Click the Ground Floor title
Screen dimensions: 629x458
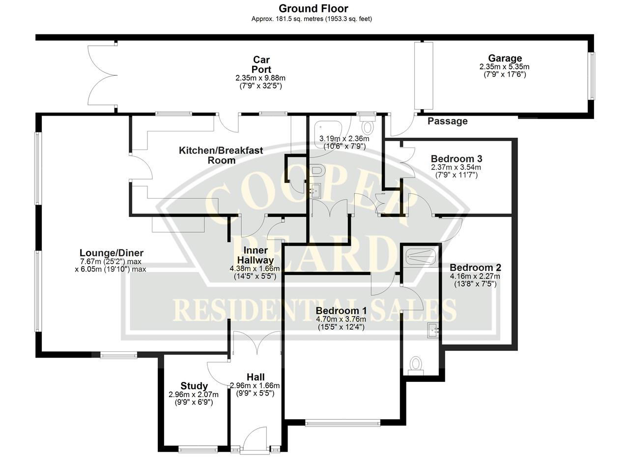pyautogui.click(x=313, y=9)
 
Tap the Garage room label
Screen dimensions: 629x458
pyautogui.click(x=505, y=58)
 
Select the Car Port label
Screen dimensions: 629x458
pyautogui.click(x=261, y=64)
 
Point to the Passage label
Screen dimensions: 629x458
pyautogui.click(x=448, y=121)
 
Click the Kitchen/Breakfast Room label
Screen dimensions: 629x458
pyautogui.click(x=221, y=155)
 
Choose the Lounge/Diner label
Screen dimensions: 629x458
pyautogui.click(x=112, y=253)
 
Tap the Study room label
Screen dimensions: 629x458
pyautogui.click(x=194, y=386)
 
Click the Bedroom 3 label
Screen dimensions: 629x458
pyautogui.click(x=457, y=158)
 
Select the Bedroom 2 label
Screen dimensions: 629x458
pyautogui.click(x=475, y=268)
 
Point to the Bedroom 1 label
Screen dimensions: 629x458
pyautogui.click(x=341, y=311)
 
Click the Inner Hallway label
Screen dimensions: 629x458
pyautogui.click(x=255, y=255)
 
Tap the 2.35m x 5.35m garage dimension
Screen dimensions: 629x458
pyautogui.click(x=504, y=67)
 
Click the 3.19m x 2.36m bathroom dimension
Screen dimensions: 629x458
pyautogui.click(x=344, y=139)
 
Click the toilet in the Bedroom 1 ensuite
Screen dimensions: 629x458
pyautogui.click(x=416, y=366)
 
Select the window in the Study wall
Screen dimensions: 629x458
pyautogui.click(x=198, y=450)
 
